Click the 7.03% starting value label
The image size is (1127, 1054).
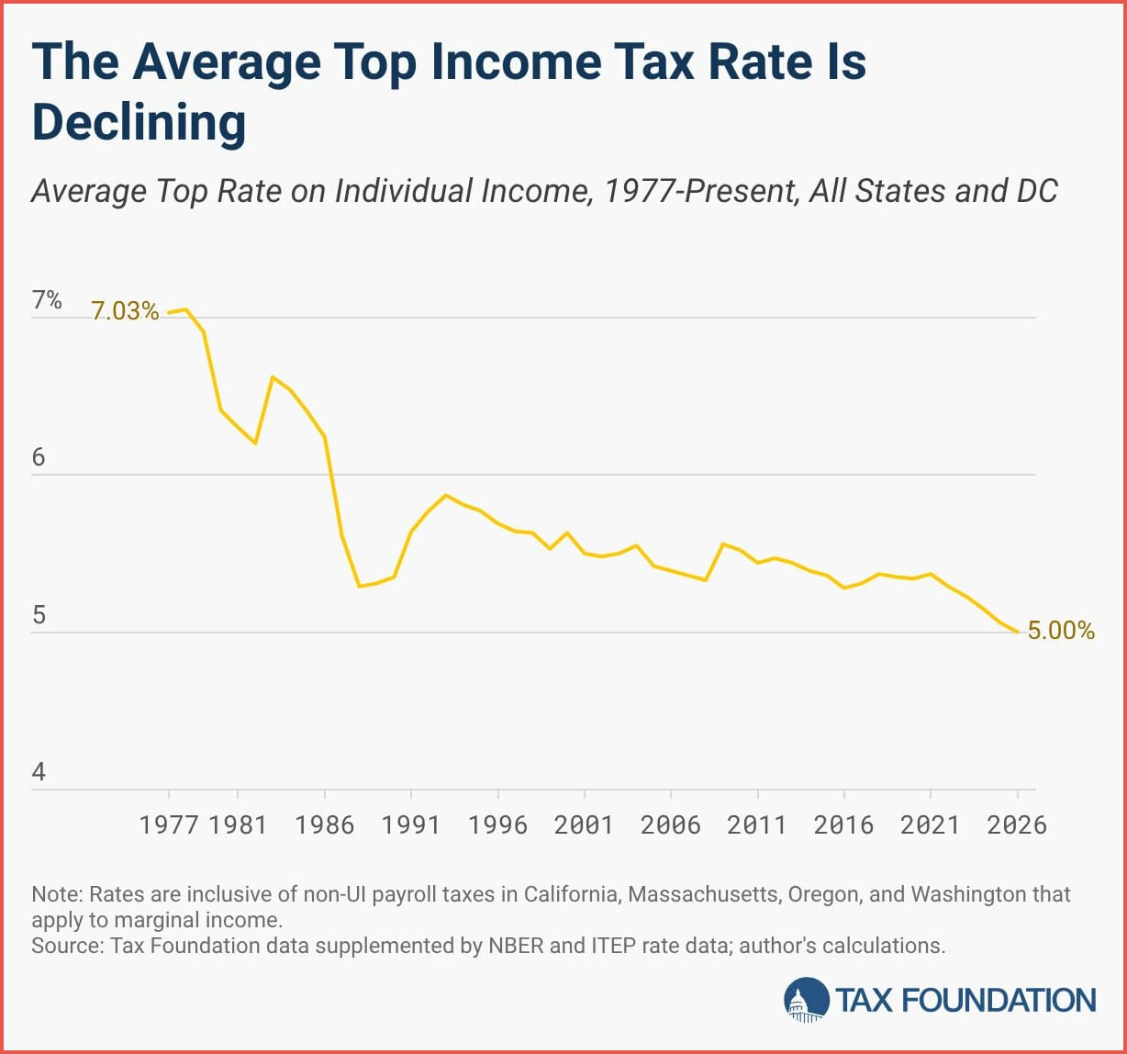coord(125,311)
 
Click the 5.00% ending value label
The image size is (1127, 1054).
coord(1061,631)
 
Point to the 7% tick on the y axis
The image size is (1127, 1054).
coord(47,300)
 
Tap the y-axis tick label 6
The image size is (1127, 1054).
coord(39,457)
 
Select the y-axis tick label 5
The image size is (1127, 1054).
coord(39,614)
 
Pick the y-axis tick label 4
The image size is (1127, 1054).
coord(39,772)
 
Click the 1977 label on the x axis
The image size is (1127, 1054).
coord(169,824)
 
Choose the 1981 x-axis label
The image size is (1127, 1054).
coord(238,824)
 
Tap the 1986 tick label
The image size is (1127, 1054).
coord(325,824)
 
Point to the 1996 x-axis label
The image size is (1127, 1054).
coord(498,824)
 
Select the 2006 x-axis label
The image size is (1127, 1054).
coord(671,824)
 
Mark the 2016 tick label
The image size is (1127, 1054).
coord(844,824)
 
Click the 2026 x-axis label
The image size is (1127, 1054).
coord(1017,824)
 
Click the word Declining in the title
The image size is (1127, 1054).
coord(139,123)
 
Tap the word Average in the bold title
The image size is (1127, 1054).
coord(226,63)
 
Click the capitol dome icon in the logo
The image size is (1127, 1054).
coord(805,1000)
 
